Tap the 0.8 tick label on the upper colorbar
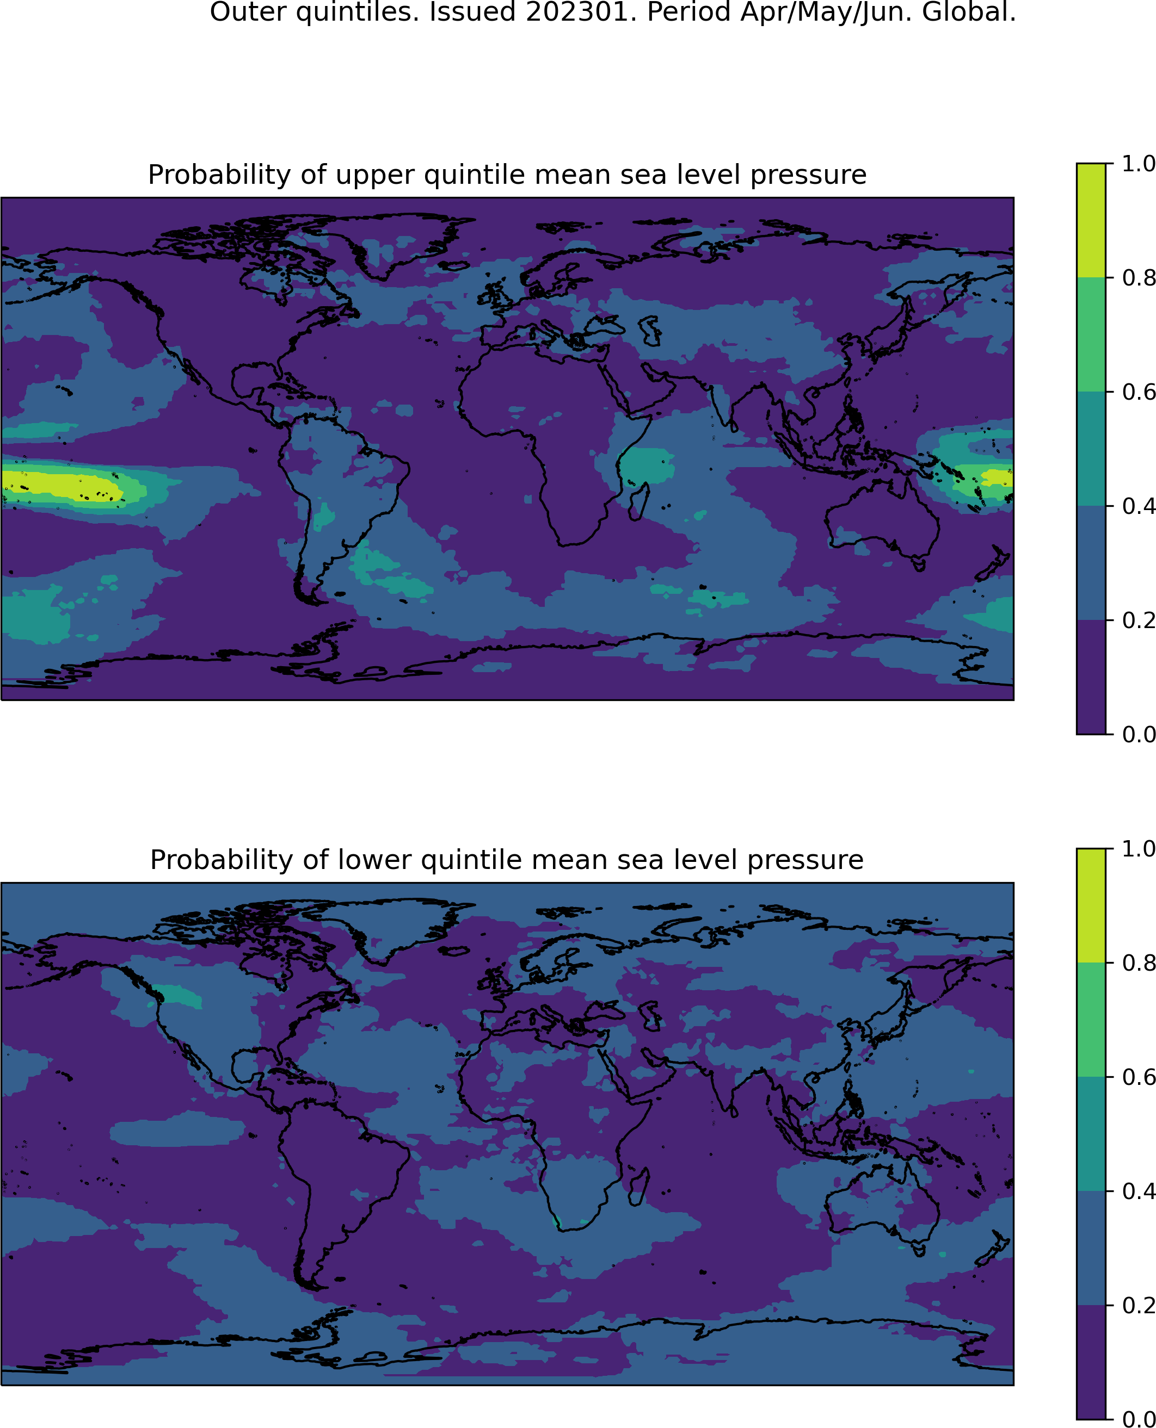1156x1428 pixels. [1138, 277]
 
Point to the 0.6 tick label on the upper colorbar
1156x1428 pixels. [1138, 392]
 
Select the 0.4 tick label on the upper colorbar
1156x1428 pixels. [1138, 506]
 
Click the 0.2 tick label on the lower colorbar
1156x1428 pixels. [1138, 1305]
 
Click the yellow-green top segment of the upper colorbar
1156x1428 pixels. [1091, 220]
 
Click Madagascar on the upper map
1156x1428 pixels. [640, 501]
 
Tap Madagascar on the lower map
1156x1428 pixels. [640, 1187]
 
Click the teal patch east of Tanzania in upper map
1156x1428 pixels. [647, 466]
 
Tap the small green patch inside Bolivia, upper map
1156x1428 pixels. [324, 517]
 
